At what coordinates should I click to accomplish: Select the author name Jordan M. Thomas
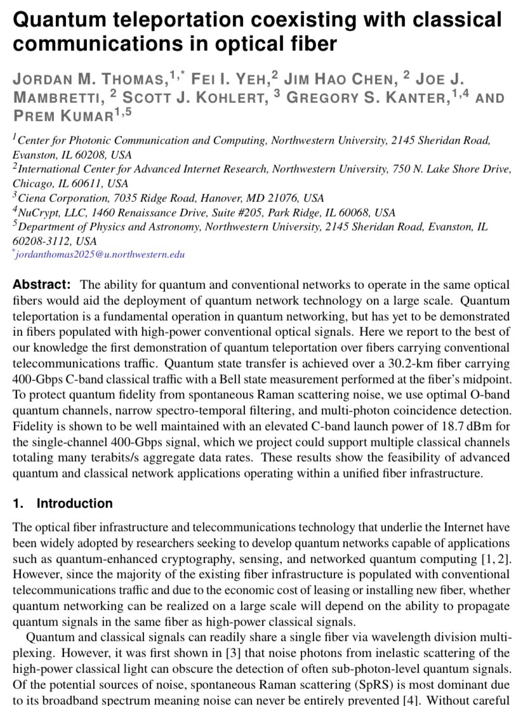(x=90, y=81)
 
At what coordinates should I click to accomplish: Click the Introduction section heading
(x=74, y=503)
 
